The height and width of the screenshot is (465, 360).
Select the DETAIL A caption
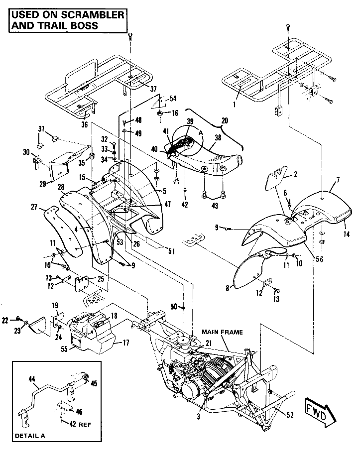tap(30, 435)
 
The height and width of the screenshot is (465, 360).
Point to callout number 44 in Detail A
tap(32, 379)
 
